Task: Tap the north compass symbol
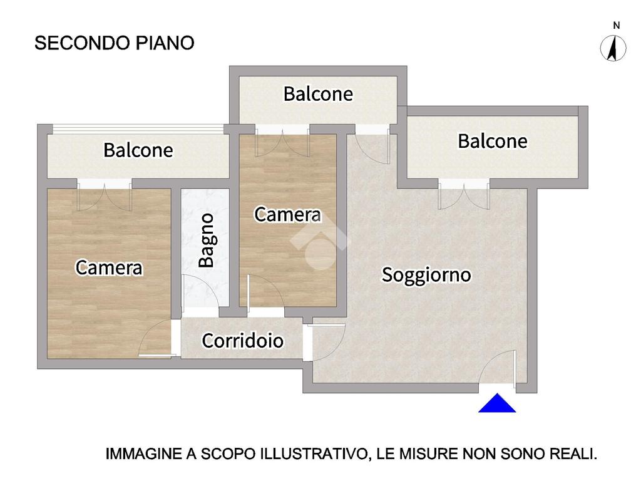[x=613, y=48]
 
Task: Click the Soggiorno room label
[x=426, y=274]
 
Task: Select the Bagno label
[x=207, y=240]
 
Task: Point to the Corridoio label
[x=242, y=340]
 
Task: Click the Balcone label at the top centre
[x=318, y=94]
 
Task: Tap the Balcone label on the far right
[x=492, y=141]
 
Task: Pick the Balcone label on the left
[x=138, y=150]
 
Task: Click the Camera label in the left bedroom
[x=109, y=267]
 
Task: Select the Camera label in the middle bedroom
[x=288, y=214]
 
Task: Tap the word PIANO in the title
[x=165, y=43]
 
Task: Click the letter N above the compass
[x=617, y=25]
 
